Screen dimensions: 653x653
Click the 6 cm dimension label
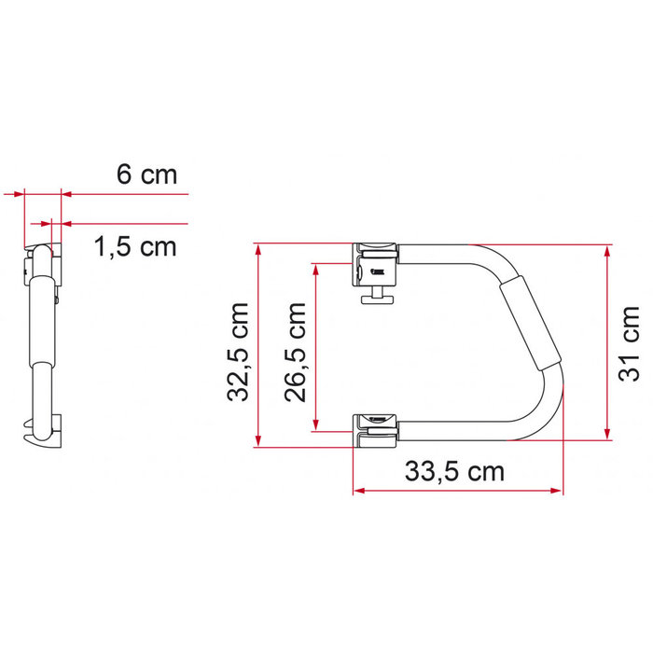pyautogui.click(x=146, y=174)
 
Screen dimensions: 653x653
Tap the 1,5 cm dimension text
pyautogui.click(x=134, y=247)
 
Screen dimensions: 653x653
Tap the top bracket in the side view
pyautogui.click(x=44, y=260)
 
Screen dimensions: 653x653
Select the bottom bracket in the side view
pyautogui.click(x=45, y=428)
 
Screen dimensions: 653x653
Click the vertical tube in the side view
pyautogui.click(x=40, y=345)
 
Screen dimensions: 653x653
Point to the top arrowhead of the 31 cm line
pyautogui.click(x=607, y=251)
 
